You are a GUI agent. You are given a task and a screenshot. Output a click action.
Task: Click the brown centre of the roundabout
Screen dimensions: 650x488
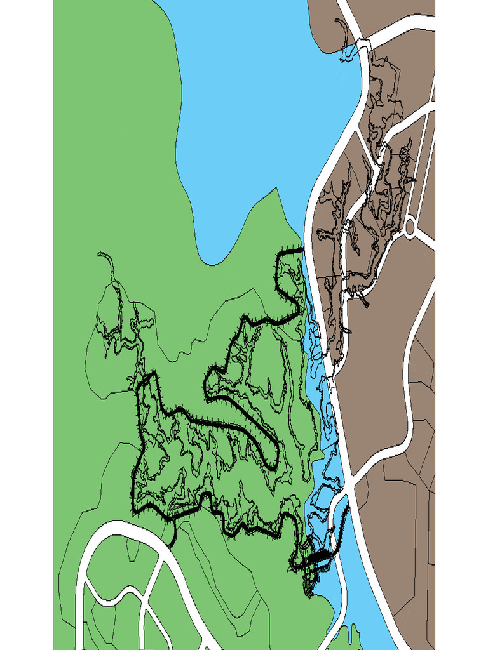[410, 226]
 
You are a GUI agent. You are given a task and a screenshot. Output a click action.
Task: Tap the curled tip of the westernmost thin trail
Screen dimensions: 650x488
[100, 255]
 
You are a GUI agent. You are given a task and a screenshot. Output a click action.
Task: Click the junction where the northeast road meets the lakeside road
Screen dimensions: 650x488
[363, 44]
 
